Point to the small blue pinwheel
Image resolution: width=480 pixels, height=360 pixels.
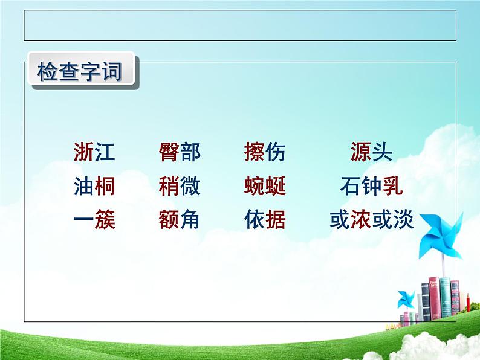click(406, 300)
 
